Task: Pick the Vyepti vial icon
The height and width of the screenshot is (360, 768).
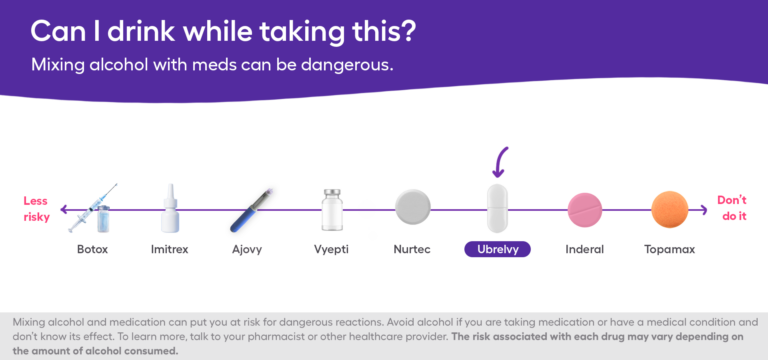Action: [331, 209]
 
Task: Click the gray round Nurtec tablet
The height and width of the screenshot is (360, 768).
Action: [412, 207]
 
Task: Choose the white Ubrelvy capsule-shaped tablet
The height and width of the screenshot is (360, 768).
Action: [497, 208]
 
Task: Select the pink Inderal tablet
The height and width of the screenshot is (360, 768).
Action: [585, 209]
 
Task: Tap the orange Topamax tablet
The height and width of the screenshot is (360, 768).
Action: [670, 208]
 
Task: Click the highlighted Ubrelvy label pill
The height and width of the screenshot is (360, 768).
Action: [497, 248]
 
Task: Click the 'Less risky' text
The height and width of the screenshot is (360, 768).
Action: [35, 207]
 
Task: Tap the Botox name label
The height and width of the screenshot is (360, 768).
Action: [92, 248]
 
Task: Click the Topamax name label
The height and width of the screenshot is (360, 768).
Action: [669, 248]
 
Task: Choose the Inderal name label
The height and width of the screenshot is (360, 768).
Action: [584, 248]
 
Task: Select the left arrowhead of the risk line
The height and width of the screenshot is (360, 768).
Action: [62, 209]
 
